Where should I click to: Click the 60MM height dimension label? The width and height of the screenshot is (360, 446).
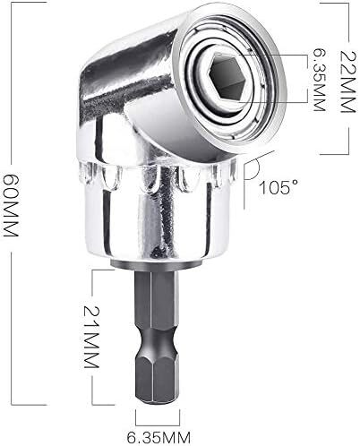tap(11, 205)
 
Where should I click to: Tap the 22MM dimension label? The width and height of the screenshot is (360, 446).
tap(348, 81)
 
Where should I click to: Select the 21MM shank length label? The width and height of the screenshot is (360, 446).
tap(91, 337)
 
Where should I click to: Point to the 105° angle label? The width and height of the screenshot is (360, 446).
tap(279, 187)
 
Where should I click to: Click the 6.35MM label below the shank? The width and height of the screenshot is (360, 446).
tap(159, 438)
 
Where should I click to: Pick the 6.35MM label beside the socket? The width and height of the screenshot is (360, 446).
tap(318, 80)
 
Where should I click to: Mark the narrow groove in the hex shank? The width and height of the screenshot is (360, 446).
tap(157, 339)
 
